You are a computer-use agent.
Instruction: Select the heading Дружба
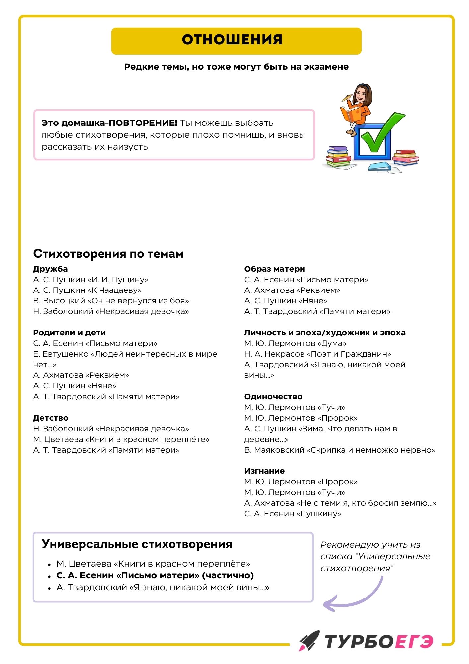[50, 269]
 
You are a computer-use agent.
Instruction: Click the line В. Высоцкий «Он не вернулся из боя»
[111, 301]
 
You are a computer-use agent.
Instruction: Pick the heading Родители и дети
[69, 333]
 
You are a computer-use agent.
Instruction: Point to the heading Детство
[51, 418]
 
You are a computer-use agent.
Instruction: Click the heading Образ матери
[274, 269]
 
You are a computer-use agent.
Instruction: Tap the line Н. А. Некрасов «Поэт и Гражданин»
[317, 354]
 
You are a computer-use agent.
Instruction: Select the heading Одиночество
[273, 397]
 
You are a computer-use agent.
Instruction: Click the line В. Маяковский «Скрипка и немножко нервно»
[340, 450]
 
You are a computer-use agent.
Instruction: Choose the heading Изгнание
[264, 471]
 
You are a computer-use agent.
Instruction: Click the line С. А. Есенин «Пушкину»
[293, 514]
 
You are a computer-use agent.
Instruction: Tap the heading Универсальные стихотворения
[137, 544]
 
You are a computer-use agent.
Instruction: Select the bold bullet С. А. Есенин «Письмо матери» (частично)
[155, 575]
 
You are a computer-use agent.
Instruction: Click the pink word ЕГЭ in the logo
[414, 641]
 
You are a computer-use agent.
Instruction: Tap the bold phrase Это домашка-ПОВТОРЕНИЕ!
[109, 123]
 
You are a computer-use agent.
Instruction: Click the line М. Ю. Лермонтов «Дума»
[295, 343]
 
